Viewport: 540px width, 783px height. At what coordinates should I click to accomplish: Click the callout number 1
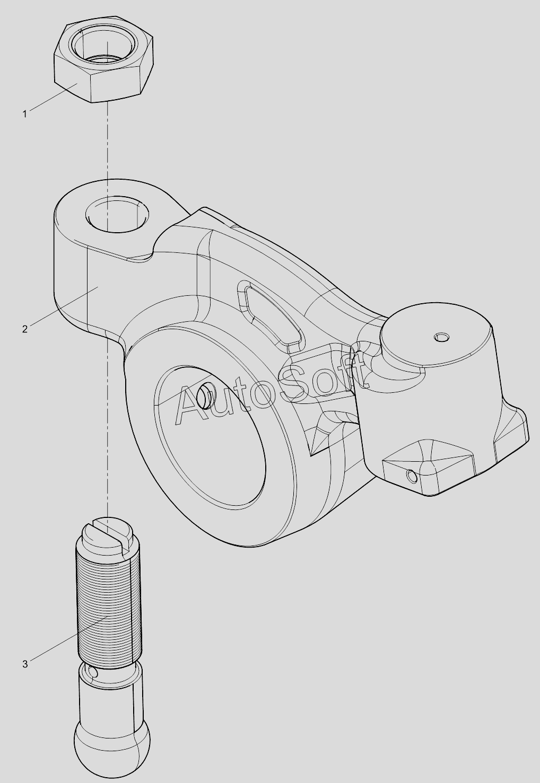25,114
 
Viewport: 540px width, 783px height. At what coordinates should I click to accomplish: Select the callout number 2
25,329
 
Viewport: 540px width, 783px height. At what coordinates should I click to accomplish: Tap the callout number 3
25,664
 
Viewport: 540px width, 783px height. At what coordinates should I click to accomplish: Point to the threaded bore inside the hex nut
104,46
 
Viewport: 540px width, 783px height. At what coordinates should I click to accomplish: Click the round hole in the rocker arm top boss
117,214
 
